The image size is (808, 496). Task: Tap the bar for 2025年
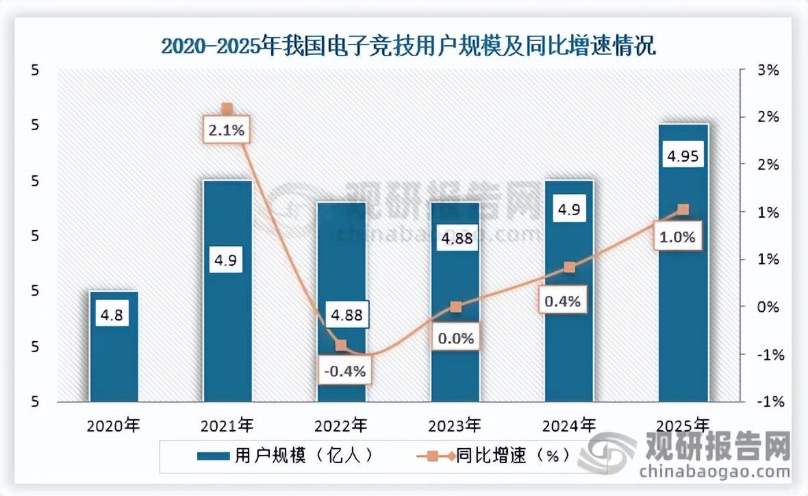(x=683, y=288)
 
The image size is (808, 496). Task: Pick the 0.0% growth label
(x=456, y=338)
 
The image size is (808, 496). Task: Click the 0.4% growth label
(x=564, y=300)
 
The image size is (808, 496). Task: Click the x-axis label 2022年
(x=341, y=425)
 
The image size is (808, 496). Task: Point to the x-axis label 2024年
(x=568, y=425)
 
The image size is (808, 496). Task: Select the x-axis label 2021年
(x=227, y=425)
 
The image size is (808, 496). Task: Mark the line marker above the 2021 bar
(x=227, y=108)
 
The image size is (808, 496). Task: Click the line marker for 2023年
(x=456, y=307)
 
